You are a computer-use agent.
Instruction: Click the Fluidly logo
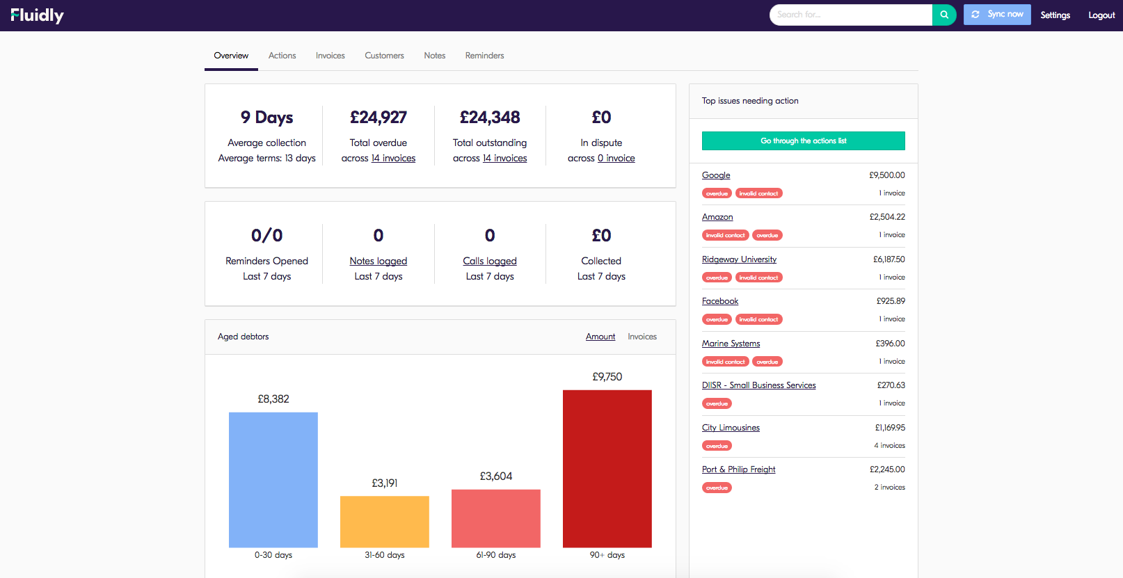[38, 15]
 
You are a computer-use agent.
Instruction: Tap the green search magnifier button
[944, 15]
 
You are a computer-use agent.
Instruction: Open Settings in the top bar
[1055, 15]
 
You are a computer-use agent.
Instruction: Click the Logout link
[1101, 15]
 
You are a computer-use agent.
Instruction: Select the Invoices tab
[330, 56]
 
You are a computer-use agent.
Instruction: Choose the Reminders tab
[484, 56]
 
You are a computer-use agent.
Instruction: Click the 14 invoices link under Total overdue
[393, 159]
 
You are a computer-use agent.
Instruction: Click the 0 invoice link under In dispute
[616, 159]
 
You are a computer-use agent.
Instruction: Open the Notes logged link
[378, 262]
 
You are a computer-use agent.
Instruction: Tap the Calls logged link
[490, 262]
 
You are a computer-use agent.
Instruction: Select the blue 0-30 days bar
[273, 480]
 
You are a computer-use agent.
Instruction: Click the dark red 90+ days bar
[607, 469]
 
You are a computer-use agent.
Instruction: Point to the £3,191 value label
[385, 483]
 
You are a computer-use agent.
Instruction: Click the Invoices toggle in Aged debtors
[642, 337]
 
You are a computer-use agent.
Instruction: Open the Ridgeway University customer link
[739, 259]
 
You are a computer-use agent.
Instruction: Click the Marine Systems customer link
[731, 344]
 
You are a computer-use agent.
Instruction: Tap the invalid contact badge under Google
[758, 193]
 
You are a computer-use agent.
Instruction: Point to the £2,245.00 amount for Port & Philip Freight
[887, 469]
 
